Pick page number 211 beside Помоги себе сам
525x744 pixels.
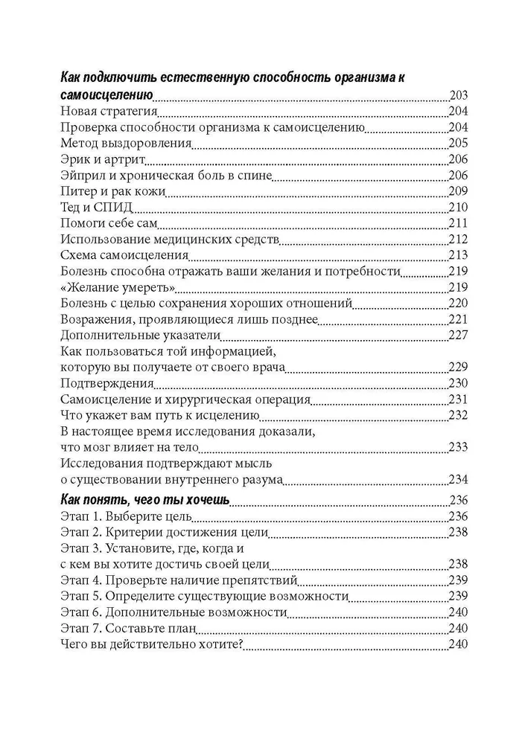(458, 223)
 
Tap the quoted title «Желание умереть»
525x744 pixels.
(117, 287)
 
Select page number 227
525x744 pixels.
(458, 335)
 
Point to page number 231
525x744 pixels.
(458, 399)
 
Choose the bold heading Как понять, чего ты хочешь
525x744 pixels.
(144, 500)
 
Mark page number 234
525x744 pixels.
(458, 479)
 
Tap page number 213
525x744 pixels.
(458, 255)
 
